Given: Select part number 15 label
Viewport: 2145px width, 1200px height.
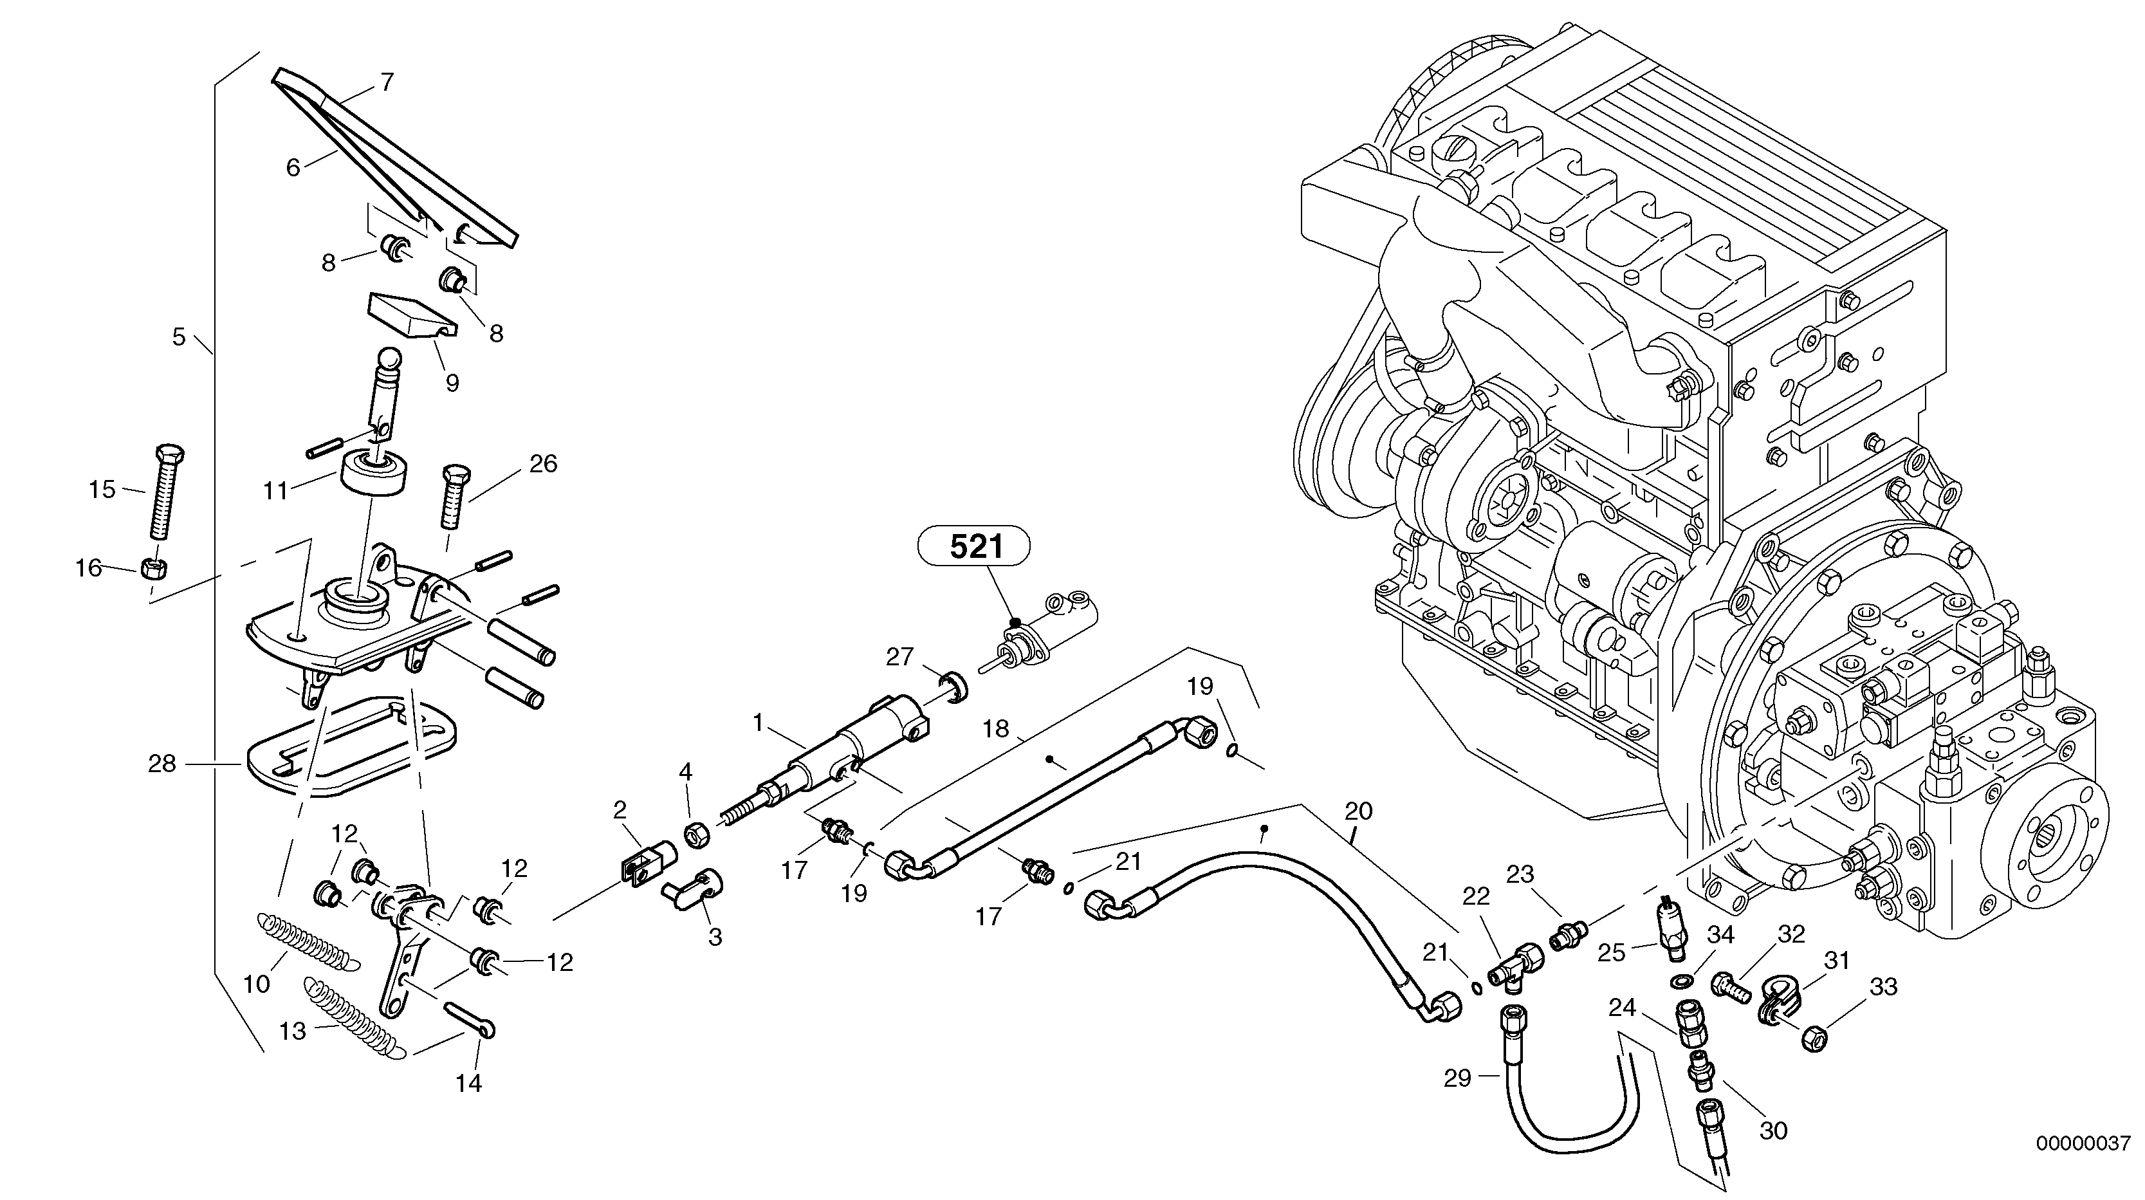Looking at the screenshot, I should [102, 490].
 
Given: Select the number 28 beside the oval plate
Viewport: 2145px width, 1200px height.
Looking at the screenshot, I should [161, 764].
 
